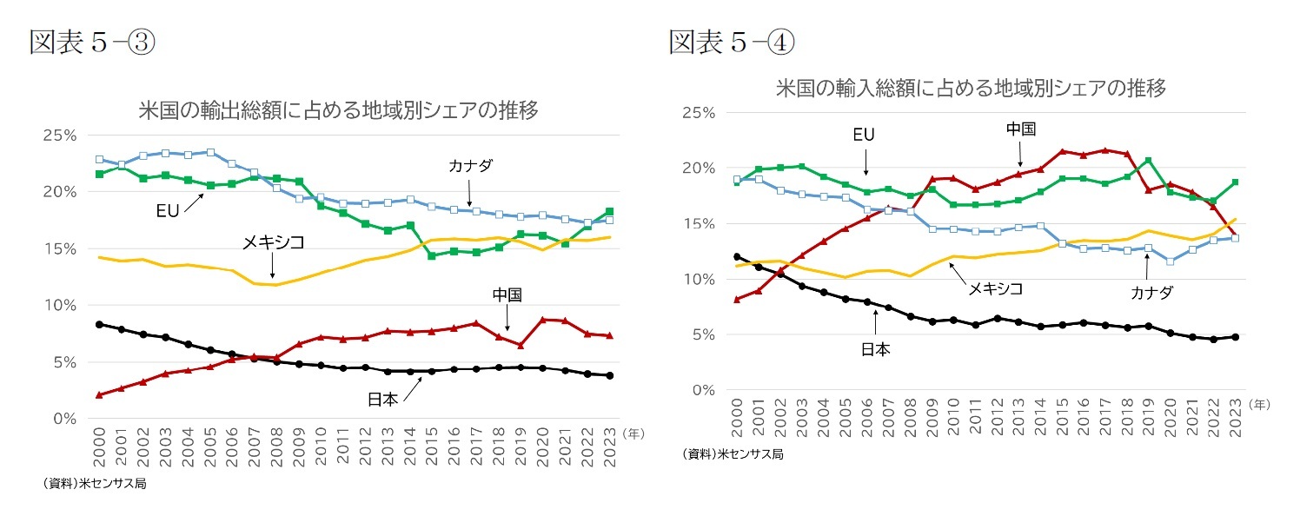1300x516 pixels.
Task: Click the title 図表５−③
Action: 92,42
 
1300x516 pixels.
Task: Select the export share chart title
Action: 339,110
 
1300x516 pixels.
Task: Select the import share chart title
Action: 970,88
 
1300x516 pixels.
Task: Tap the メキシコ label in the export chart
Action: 273,243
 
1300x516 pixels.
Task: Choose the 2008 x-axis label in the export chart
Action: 275,446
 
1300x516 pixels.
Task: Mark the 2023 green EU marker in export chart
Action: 609,211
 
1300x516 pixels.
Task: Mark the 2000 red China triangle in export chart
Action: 99,394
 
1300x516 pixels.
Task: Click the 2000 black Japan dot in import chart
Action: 737,256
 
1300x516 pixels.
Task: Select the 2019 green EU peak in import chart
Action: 1148,160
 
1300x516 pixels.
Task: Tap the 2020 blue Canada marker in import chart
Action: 1171,261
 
